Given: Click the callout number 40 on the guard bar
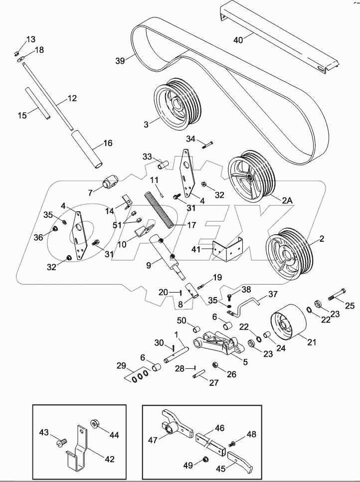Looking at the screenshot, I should pos(239,40).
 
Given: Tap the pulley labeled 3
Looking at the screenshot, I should pos(177,103).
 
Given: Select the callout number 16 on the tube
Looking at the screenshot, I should pos(108,143).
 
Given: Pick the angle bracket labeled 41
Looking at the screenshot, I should pos(227,249).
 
